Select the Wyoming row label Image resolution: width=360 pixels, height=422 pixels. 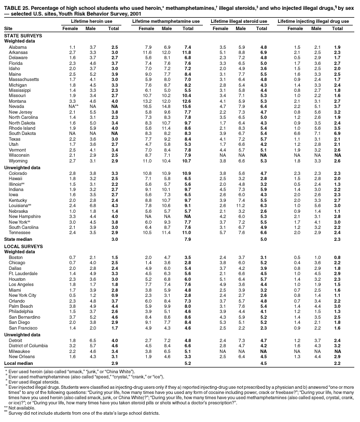point(18,161)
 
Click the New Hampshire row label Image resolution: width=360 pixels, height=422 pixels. point(24,215)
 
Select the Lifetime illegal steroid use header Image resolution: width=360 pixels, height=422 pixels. point(239,20)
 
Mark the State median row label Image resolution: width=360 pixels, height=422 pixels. point(18,238)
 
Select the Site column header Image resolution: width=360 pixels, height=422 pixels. point(8,28)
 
